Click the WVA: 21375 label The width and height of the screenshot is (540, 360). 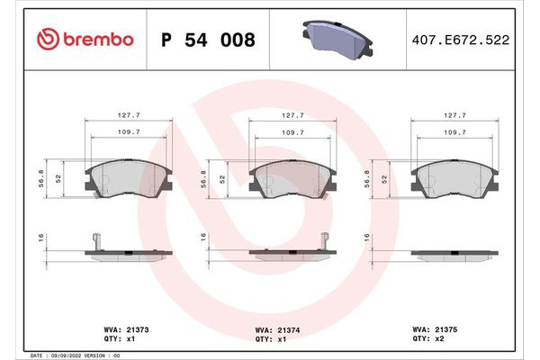click(x=438, y=329)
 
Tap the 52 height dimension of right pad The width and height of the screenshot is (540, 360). click(x=384, y=180)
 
